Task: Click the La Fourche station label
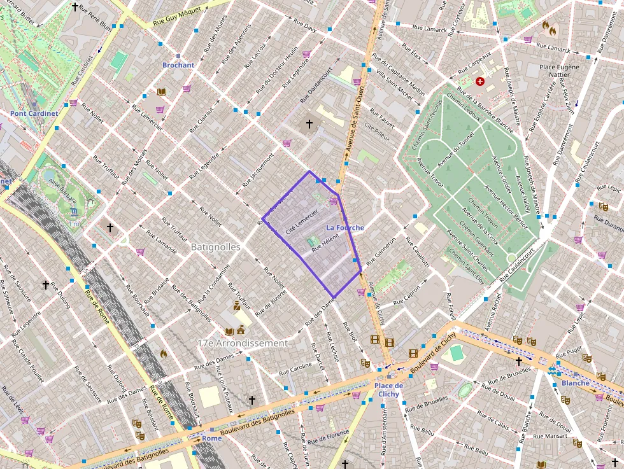[345, 227]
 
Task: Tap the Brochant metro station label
[178, 65]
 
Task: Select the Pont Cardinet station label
[34, 113]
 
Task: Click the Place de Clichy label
[388, 389]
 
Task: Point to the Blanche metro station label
[575, 383]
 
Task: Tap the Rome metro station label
[212, 438]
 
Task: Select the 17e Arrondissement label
[243, 343]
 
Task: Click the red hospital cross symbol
[480, 81]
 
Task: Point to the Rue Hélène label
[325, 242]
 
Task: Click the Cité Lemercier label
[302, 222]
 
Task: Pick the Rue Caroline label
[296, 368]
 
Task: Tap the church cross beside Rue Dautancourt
[309, 123]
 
